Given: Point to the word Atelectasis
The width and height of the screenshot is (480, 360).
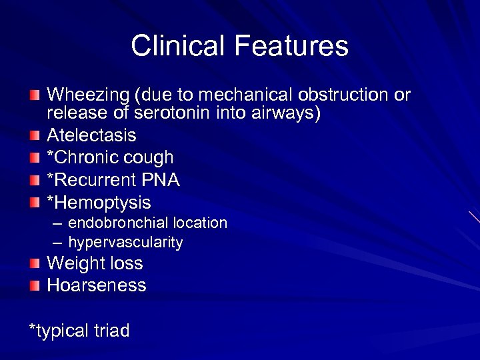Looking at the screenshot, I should click(91, 135).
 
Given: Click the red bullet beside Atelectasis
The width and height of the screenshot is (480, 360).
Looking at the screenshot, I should click(35, 136).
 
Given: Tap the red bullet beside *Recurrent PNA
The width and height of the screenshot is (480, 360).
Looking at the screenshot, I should click(35, 181).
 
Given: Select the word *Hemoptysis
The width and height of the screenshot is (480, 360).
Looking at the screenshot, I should click(99, 203).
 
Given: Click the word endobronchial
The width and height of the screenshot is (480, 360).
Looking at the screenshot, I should click(118, 223).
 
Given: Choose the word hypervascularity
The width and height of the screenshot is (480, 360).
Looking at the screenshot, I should click(125, 243).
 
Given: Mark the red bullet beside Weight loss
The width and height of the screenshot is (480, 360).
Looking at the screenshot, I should click(35, 264).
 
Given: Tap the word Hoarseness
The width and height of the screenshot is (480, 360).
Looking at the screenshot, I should click(96, 285).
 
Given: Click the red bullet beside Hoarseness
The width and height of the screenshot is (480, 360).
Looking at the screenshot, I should click(35, 286).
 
